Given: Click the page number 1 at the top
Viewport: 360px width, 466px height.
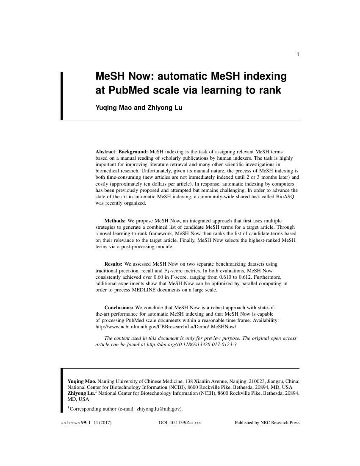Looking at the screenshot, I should (298, 54).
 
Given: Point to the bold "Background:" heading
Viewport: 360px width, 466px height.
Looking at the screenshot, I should (133, 151).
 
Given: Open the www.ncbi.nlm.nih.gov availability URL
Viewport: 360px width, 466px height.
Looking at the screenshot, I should (166, 327).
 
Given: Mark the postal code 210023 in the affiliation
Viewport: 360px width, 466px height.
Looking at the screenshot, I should (244, 381).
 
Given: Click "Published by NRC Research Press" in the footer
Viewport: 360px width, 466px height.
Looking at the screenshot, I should (267, 422).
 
